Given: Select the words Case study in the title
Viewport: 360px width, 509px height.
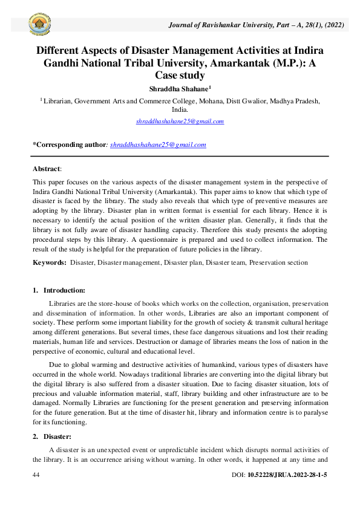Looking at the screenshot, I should coord(180,76).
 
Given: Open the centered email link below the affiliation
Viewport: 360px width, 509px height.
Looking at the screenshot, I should coord(180,121).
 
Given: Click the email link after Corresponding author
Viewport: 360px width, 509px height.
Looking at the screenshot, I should coord(158,144).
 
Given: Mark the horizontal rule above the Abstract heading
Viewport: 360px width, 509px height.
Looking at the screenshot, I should coord(180,157).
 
